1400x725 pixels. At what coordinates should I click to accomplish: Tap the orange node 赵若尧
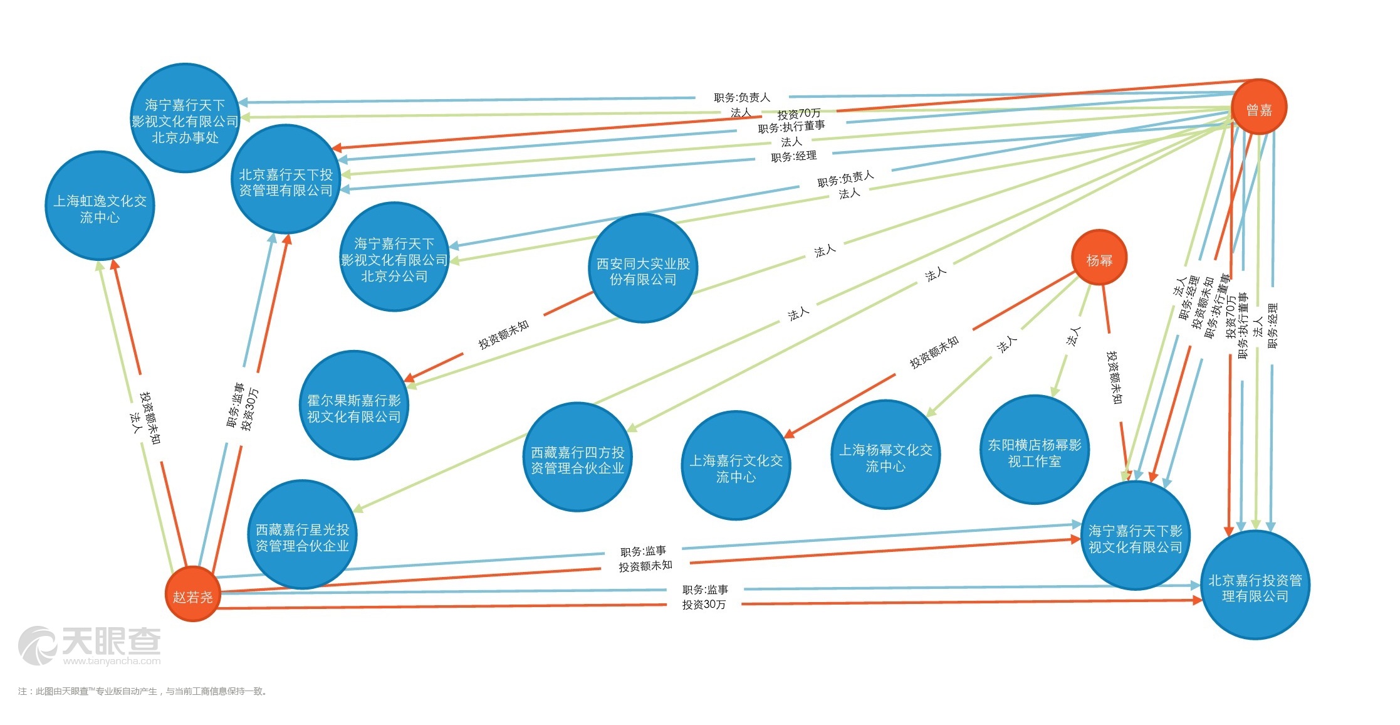[x=192, y=594]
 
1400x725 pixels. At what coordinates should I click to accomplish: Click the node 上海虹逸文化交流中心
[x=100, y=206]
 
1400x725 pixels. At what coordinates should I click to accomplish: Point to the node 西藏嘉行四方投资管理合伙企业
[x=577, y=457]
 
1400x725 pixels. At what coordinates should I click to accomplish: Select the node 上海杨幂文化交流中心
[x=885, y=455]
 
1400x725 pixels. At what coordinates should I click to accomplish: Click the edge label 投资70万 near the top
[x=798, y=114]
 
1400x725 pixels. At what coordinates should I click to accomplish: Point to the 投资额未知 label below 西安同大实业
[x=503, y=334]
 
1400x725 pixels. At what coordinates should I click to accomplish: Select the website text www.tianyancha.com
[x=112, y=660]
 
